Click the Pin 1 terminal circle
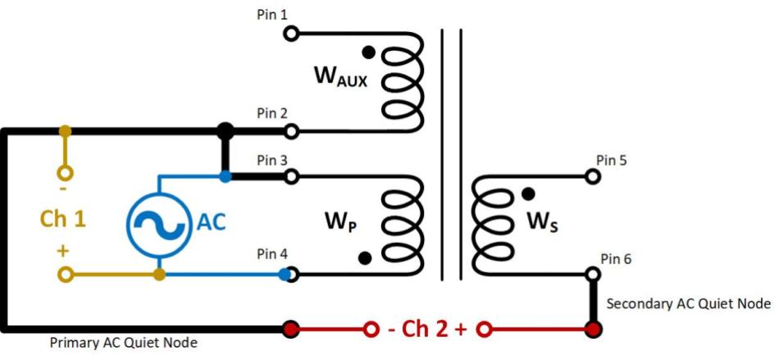pyautogui.click(x=290, y=34)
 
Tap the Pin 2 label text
pyautogui.click(x=271, y=113)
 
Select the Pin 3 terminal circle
pyautogui.click(x=290, y=176)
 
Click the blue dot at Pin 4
pyautogui.click(x=284, y=274)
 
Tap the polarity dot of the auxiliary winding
pyautogui.click(x=369, y=52)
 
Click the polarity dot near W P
pyautogui.click(x=365, y=258)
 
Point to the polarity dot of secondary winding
pyautogui.click(x=529, y=194)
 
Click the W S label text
pyautogui.click(x=541, y=222)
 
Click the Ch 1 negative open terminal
pyautogui.click(x=64, y=173)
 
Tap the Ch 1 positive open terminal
pyautogui.click(x=64, y=274)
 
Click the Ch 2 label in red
pyautogui.click(x=426, y=330)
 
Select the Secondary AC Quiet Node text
pyautogui.click(x=688, y=303)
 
